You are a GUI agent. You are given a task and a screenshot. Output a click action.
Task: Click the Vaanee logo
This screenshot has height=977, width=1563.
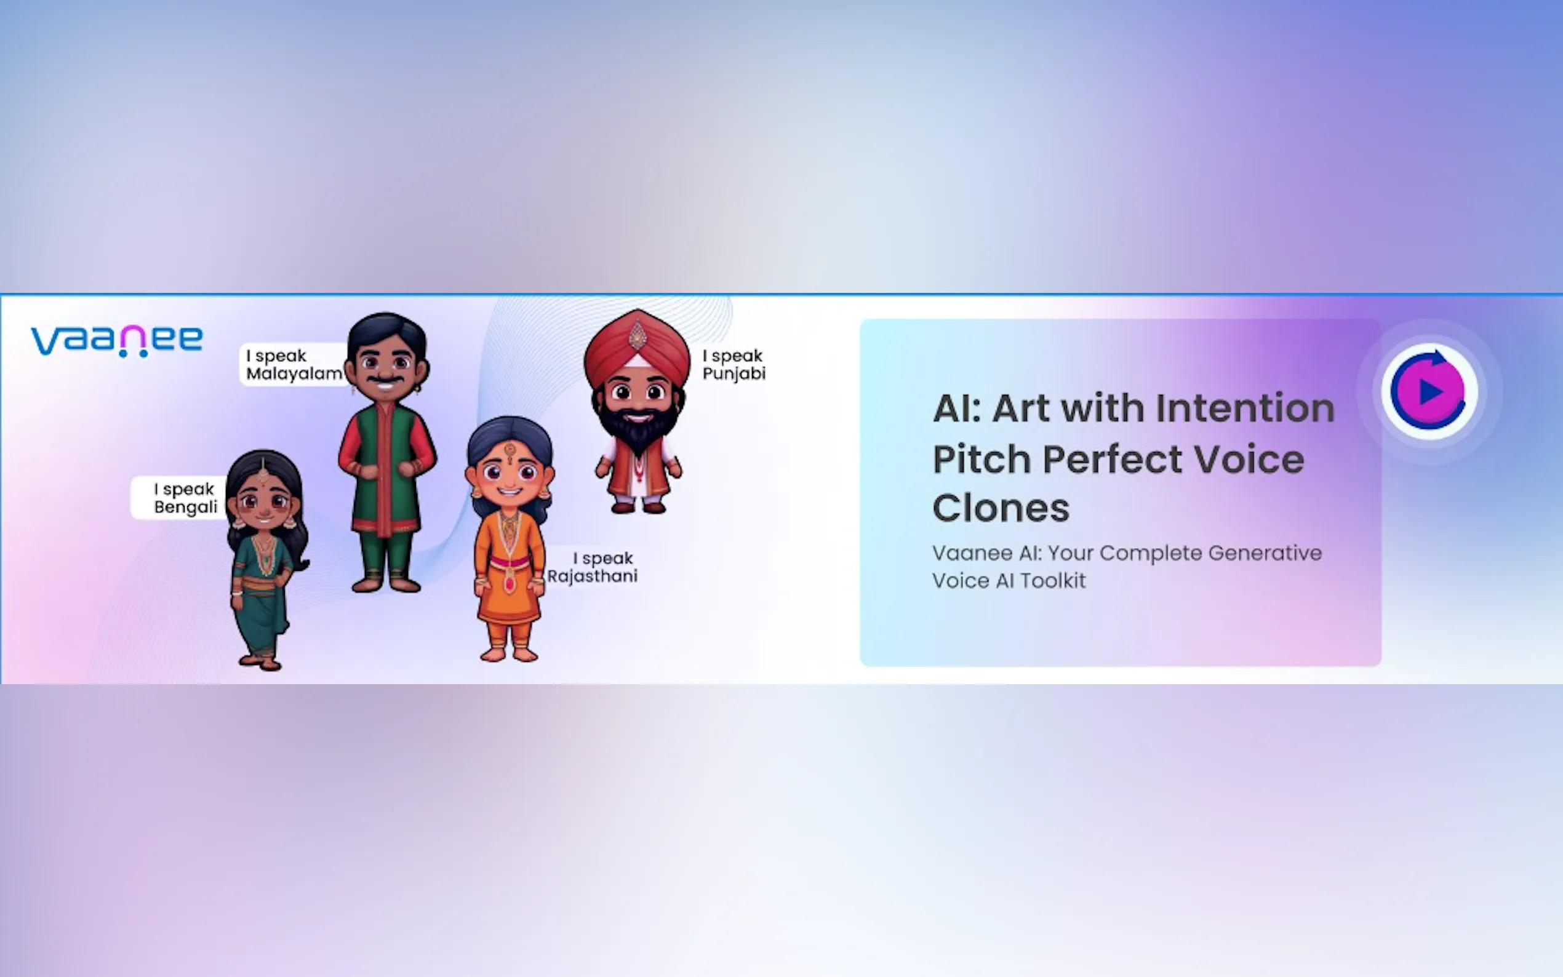pyautogui.click(x=117, y=340)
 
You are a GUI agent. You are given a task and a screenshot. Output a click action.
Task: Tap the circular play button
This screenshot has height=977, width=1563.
pyautogui.click(x=1429, y=391)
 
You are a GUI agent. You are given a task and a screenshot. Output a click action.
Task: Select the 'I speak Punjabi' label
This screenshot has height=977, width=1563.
pyautogui.click(x=734, y=364)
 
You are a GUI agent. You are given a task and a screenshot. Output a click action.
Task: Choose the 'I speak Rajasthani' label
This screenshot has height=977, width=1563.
pyautogui.click(x=593, y=567)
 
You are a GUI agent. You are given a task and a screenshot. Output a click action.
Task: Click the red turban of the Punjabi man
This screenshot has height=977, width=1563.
pyautogui.click(x=637, y=348)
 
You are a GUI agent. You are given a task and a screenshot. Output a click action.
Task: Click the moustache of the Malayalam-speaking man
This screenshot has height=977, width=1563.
pyautogui.click(x=385, y=378)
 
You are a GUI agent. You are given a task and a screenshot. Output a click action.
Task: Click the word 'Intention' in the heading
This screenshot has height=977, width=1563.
pyautogui.click(x=1244, y=409)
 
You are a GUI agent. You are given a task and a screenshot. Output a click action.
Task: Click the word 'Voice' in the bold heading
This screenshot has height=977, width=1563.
pyautogui.click(x=1249, y=459)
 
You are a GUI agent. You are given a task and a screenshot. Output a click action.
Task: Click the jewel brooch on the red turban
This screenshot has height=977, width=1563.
pyautogui.click(x=637, y=334)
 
